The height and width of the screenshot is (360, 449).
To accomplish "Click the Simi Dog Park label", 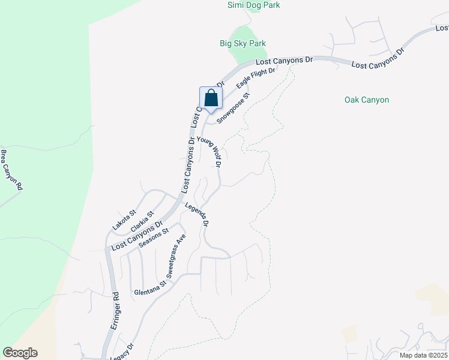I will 253,5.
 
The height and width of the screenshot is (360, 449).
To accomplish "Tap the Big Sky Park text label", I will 243,43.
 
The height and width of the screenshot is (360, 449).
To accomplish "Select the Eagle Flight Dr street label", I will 255,79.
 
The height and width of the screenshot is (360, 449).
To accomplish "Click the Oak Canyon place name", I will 367,100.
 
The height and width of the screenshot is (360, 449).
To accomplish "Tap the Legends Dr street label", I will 197,214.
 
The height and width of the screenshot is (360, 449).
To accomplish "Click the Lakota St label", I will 125,221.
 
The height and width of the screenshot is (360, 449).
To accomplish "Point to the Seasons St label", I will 154,236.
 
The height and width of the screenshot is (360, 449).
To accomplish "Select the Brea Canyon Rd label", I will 11,170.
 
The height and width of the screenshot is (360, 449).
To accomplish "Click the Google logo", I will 20,353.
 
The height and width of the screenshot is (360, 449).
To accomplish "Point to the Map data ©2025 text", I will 423,355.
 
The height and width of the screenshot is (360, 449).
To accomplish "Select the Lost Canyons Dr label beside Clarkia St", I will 137,236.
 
